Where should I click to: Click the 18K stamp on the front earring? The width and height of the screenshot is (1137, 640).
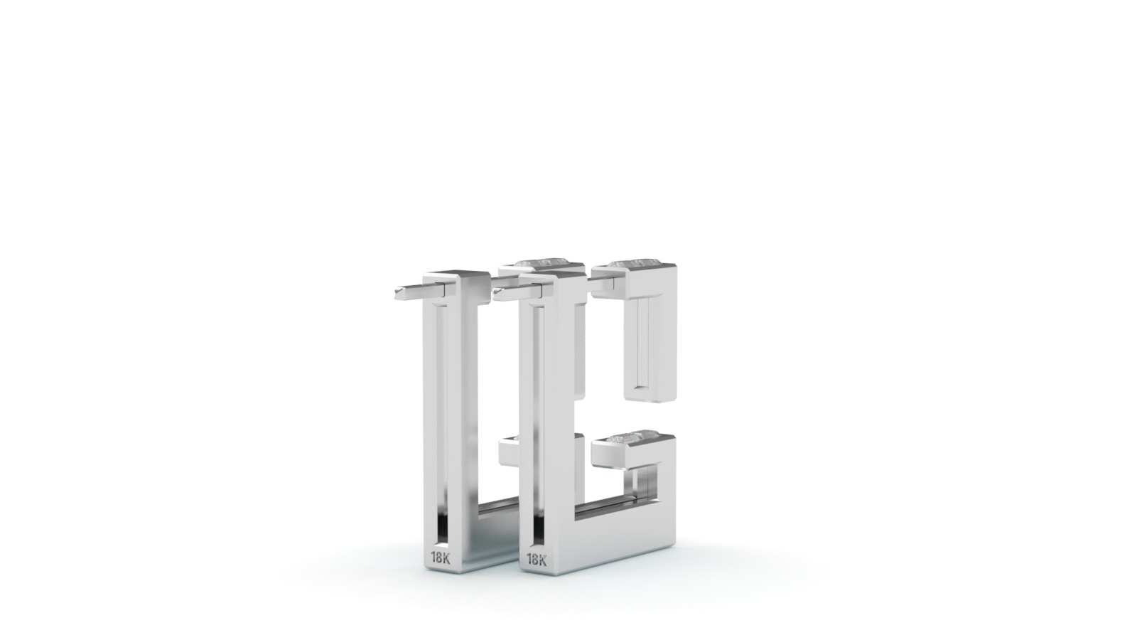click(537, 560)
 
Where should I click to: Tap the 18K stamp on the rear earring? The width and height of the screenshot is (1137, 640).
click(440, 558)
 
